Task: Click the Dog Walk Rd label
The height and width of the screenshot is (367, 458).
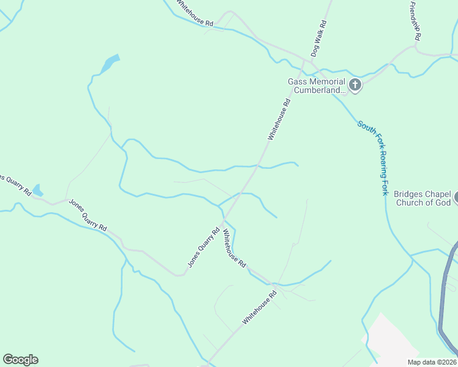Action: (x=319, y=39)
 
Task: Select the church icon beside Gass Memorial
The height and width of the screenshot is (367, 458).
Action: (x=355, y=84)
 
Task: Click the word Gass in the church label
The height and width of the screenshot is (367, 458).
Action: (x=298, y=81)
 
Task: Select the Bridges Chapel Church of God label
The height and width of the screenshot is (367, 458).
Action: (x=422, y=198)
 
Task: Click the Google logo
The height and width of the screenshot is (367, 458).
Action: (x=20, y=360)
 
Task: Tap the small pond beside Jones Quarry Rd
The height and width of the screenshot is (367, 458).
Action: (x=38, y=190)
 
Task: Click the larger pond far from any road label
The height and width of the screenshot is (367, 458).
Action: (x=109, y=64)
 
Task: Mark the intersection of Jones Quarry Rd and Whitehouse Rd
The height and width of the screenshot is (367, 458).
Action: (x=224, y=219)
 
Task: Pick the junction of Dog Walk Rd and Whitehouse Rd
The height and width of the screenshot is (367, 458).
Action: (x=304, y=62)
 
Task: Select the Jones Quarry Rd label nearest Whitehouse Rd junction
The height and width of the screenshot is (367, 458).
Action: (x=203, y=248)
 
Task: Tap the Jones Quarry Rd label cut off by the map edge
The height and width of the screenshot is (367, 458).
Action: (x=13, y=183)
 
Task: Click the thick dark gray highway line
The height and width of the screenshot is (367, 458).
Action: (x=444, y=294)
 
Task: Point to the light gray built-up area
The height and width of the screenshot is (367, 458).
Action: (x=392, y=343)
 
